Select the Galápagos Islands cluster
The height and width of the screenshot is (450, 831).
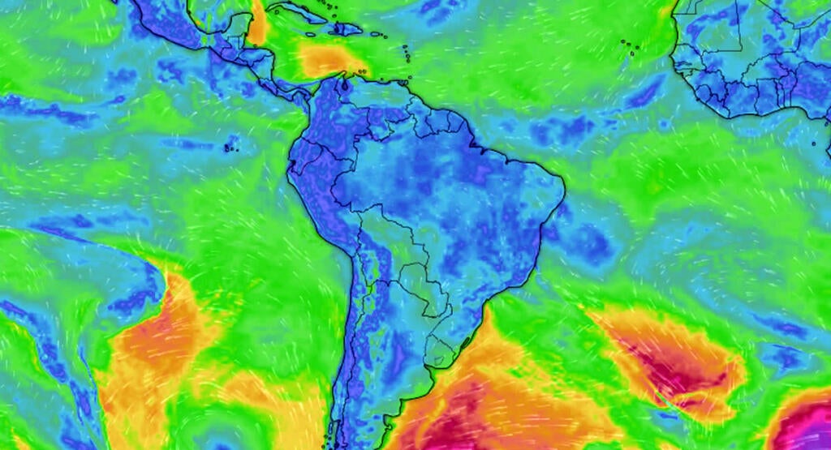230,147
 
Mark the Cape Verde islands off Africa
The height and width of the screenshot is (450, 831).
629,46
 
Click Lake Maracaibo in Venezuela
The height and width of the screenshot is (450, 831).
345,84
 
